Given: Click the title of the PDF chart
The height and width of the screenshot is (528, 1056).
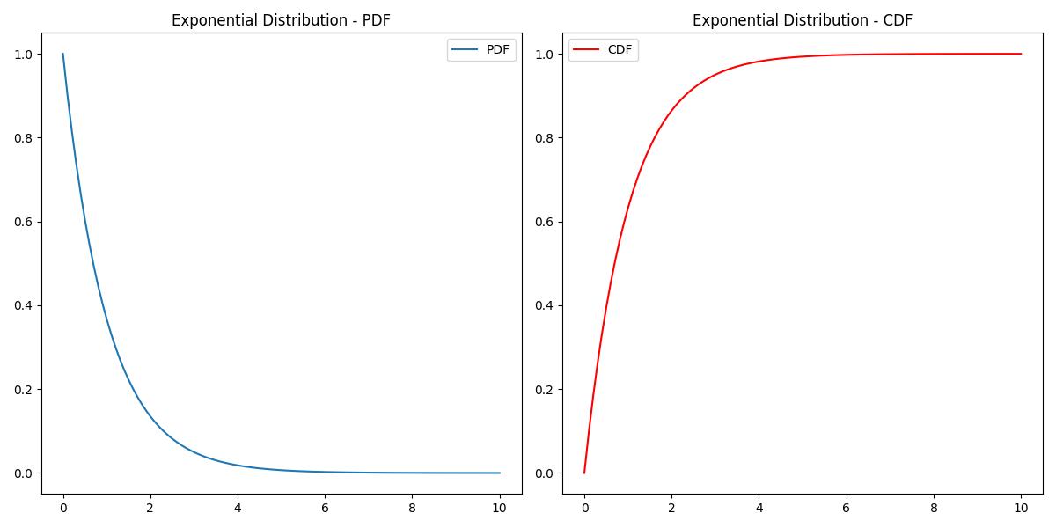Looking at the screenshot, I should [x=281, y=20].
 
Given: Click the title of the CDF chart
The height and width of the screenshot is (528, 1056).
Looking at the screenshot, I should [x=802, y=20].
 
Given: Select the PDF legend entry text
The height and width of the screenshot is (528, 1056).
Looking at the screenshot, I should [x=497, y=50].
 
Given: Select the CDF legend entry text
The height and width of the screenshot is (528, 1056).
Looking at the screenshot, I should [x=620, y=50].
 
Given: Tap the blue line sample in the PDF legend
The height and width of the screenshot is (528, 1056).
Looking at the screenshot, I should [x=466, y=50].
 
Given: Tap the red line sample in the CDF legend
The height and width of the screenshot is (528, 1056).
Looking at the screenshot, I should [x=588, y=50].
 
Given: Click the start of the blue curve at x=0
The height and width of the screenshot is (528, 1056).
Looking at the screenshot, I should [x=63, y=55].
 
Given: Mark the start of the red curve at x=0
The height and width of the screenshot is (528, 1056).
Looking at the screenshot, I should [x=584, y=473].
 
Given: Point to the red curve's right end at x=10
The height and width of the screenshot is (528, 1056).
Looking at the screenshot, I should [x=1021, y=54].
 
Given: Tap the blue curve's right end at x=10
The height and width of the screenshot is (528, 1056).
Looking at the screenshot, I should [x=500, y=473].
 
